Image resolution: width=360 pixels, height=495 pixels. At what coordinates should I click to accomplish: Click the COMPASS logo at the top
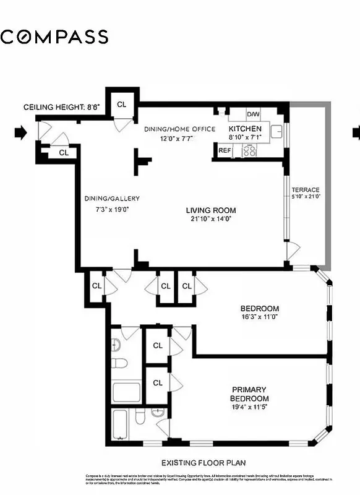54,37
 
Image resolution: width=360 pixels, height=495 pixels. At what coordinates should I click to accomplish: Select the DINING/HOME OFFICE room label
179,129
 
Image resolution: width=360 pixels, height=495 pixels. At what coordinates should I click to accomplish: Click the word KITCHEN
245,129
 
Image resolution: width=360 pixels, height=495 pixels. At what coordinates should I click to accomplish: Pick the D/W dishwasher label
253,114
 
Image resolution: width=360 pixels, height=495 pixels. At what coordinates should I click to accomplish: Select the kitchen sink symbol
277,131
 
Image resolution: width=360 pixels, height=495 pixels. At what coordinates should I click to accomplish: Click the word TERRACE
306,189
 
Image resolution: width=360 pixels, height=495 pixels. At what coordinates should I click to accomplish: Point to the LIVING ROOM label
211,210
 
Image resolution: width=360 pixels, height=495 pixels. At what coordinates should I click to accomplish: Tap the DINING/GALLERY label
112,199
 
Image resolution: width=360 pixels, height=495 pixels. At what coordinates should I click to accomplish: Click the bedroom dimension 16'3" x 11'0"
259,317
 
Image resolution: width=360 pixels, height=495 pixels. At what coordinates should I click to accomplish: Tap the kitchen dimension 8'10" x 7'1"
245,137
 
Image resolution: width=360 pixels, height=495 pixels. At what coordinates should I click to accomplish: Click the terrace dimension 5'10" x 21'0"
306,196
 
